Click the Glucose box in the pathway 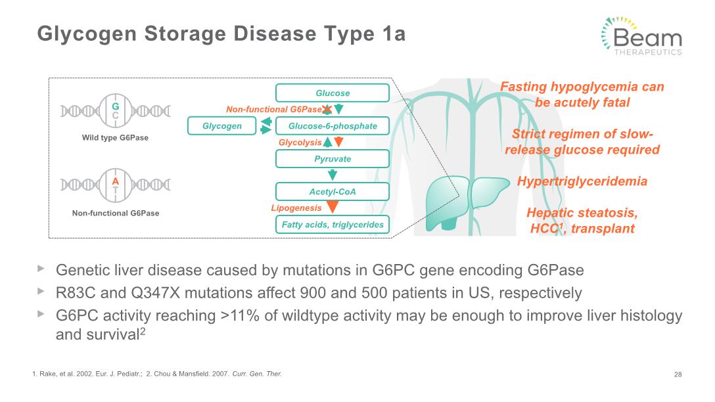point(333,93)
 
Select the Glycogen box point(222,126)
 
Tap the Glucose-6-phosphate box point(333,126)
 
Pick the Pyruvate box point(333,158)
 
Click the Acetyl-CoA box point(333,191)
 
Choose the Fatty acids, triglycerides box point(333,224)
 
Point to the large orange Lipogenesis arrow point(333,207)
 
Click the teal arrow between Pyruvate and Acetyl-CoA point(333,175)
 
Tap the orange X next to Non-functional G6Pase point(327,110)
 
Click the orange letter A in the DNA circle point(116,181)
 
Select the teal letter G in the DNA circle point(116,106)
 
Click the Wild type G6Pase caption point(115,138)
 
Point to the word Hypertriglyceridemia point(582,181)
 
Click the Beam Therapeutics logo point(642,37)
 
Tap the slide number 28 point(678,374)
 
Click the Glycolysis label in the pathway point(300,142)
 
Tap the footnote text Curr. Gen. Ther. point(257,374)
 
